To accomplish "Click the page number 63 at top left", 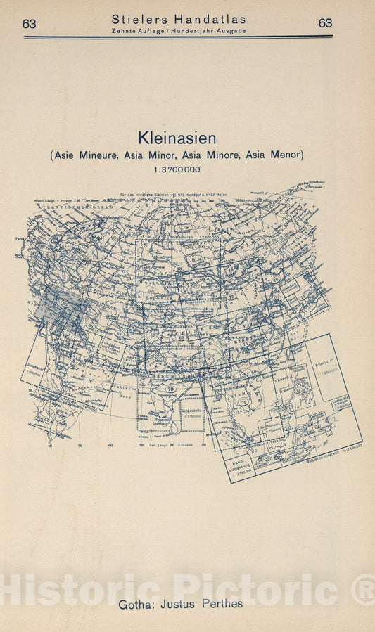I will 29,23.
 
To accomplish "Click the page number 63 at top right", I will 325,23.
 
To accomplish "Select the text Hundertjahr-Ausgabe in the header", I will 211,32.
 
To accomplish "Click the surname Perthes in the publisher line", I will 222,604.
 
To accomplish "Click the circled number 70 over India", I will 170,388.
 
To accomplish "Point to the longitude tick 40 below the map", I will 50,445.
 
